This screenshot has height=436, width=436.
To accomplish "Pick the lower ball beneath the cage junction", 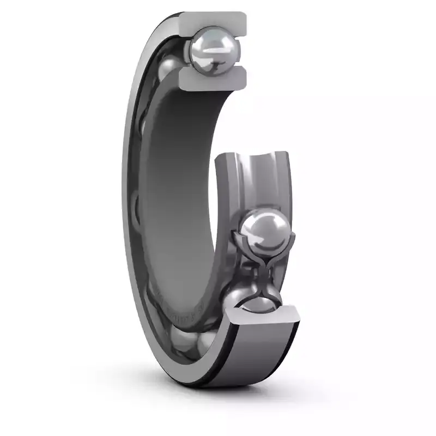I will [252, 298].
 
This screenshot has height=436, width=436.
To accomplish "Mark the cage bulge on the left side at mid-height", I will [137, 207].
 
